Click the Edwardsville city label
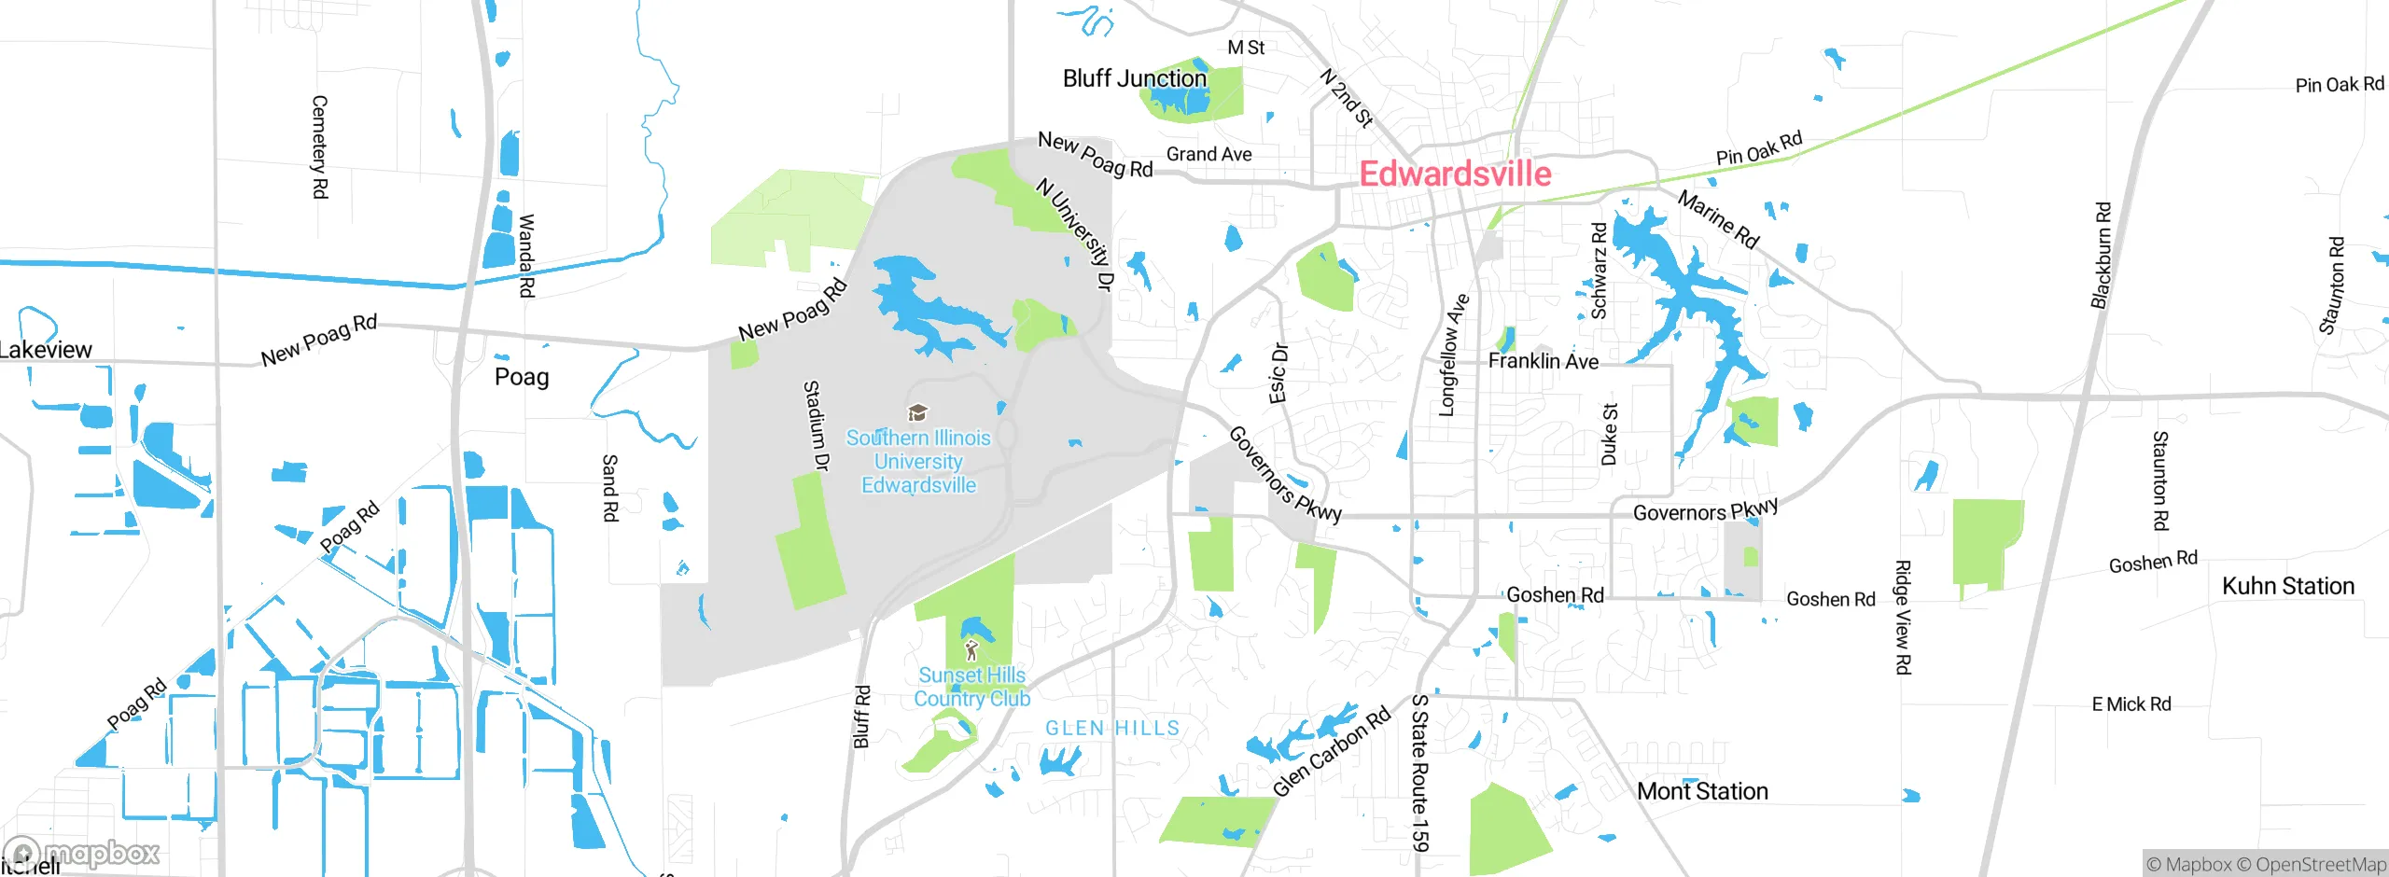coord(1454,174)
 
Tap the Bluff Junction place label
coord(1134,78)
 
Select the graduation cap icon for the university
coord(917,413)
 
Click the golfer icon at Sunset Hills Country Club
coord(971,649)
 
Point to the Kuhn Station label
coord(2287,586)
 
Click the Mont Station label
coord(1701,791)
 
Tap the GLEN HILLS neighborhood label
coord(1111,728)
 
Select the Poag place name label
coord(521,377)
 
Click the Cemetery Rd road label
coord(319,146)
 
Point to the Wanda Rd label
coord(525,256)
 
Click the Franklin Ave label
coord(1542,361)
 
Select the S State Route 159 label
coord(1419,773)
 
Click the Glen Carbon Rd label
coord(1331,752)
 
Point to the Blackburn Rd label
coord(2101,256)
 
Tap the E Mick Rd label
coord(2131,704)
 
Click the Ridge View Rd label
coord(1902,617)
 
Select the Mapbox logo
coord(82,853)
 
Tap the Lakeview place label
coord(45,350)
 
